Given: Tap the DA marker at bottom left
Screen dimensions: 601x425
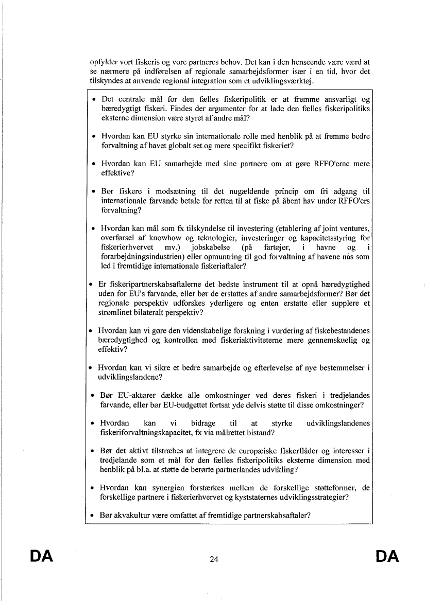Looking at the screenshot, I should pos(42,556).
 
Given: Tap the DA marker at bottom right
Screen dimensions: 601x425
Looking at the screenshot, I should pos(387,556).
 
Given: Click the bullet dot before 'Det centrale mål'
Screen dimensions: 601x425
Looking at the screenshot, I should pos(93,99).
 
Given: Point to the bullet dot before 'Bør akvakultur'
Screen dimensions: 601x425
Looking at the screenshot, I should pos(91,515).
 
